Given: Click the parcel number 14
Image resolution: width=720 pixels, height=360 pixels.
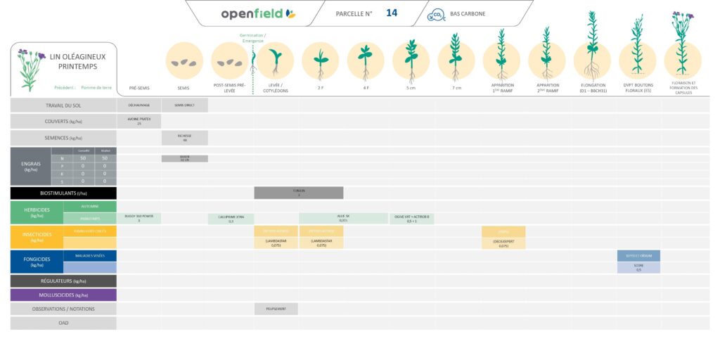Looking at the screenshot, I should (392, 13).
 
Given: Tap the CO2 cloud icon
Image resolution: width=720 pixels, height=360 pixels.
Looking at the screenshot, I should (437, 13).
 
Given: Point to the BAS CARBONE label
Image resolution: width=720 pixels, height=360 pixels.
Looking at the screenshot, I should (468, 13).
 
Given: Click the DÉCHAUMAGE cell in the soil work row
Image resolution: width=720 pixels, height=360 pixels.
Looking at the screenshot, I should (139, 105).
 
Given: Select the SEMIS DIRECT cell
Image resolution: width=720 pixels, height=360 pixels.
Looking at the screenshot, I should (184, 105).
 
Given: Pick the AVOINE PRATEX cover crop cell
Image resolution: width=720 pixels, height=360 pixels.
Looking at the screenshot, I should (139, 121).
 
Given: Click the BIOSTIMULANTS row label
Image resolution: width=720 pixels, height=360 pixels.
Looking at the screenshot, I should (63, 193).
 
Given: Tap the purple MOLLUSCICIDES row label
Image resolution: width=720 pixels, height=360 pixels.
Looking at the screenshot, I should (63, 295).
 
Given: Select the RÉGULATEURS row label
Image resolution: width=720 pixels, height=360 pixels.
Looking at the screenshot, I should (63, 281).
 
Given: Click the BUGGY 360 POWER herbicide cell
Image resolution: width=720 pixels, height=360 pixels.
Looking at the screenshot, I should (139, 219).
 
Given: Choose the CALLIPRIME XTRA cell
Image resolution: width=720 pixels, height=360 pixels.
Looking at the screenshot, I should (231, 219).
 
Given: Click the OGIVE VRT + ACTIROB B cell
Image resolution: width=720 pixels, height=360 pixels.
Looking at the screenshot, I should (411, 219).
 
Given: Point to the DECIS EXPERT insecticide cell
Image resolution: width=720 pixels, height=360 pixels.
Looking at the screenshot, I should (503, 243).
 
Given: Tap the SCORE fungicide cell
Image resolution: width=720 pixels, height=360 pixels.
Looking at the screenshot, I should (638, 268).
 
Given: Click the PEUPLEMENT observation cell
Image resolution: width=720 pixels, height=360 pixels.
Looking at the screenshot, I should (276, 309).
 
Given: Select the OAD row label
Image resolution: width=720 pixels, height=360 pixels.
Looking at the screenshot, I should (63, 323).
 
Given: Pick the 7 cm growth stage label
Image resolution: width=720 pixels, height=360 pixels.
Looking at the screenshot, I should (456, 88).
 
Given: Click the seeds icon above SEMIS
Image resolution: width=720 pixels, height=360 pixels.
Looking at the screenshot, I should (184, 61).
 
